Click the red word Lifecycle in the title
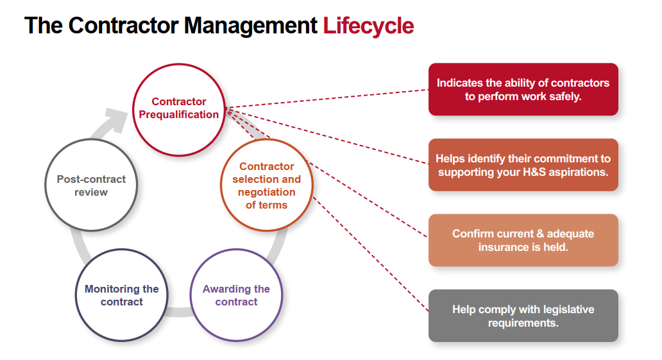point(368,26)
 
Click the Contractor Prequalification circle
point(178,109)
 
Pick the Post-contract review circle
point(91,185)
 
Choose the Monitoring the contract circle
point(122,295)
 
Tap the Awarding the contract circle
point(236,295)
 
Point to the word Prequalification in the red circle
point(179,115)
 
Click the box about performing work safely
point(523,89)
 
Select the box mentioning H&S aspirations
point(523,165)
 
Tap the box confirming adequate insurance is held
point(523,240)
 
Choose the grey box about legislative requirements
point(523,316)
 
